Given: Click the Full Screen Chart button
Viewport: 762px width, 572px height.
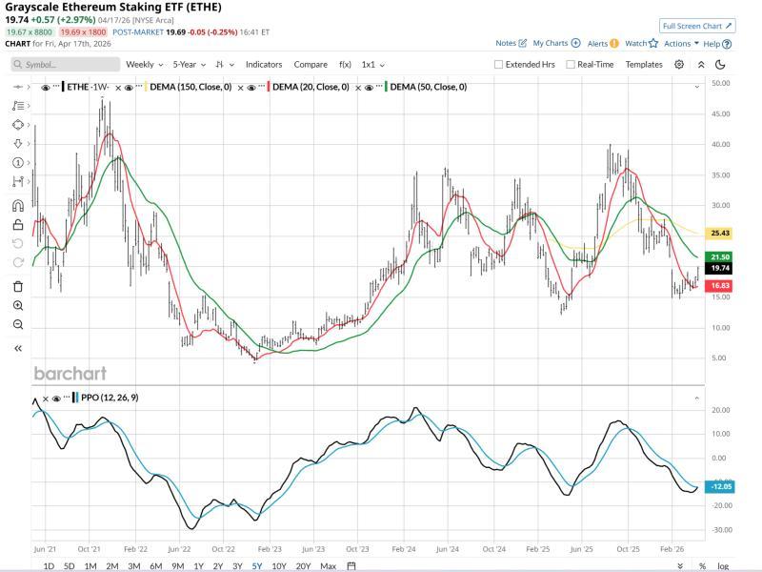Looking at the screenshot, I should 697,26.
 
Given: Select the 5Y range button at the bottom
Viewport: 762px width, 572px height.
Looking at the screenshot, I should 257,566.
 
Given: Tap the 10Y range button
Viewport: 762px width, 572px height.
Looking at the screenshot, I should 278,566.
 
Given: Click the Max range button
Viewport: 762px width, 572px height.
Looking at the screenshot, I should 328,566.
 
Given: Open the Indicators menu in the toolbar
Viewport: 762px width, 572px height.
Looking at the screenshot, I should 264,65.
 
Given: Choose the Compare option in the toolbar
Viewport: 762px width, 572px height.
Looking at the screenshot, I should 311,65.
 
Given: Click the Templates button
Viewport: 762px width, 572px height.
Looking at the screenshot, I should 644,65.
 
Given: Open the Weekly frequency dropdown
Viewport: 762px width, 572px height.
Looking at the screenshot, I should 144,65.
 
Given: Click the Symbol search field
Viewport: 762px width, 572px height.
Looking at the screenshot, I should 67,65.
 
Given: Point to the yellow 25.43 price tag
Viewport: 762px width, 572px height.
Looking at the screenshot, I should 720,233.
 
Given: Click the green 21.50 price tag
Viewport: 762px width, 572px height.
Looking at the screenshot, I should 720,257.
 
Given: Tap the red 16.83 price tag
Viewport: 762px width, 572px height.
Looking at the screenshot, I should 720,286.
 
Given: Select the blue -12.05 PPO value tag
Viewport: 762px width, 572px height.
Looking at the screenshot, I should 720,486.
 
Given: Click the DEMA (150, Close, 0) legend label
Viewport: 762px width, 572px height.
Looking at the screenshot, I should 190,88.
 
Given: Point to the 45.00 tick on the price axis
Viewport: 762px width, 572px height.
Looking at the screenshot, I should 720,113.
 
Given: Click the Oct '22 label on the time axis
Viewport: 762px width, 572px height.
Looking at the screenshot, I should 224,549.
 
